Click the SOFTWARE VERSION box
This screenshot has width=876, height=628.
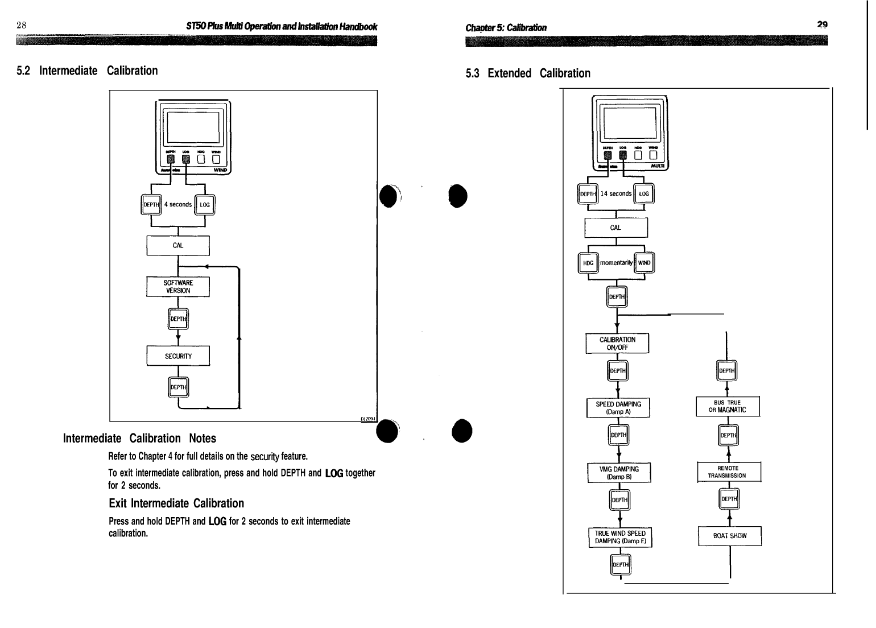coord(178,287)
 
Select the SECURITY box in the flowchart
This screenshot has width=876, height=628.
coord(178,356)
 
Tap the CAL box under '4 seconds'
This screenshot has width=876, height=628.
coord(178,246)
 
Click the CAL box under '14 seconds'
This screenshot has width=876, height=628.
coord(615,228)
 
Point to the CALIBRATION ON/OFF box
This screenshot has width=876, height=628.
coord(617,344)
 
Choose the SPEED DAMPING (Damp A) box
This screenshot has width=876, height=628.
coord(618,408)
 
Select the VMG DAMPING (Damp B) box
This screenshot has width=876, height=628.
coord(619,473)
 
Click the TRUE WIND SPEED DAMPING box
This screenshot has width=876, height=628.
coord(619,537)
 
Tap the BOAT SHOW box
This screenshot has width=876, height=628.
coord(730,536)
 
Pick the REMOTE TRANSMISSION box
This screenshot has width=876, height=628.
coord(729,472)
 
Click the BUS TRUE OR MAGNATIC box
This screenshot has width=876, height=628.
coord(728,406)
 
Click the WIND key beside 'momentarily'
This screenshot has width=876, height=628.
coord(644,263)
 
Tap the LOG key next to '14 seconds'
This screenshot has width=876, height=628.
coord(644,194)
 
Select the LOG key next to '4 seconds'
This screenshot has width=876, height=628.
coord(205,205)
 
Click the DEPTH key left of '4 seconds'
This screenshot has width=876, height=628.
coord(151,205)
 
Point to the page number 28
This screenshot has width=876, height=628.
coord(22,25)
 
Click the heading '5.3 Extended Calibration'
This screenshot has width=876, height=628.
coord(528,73)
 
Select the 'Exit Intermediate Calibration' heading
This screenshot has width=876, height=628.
coord(176,503)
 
